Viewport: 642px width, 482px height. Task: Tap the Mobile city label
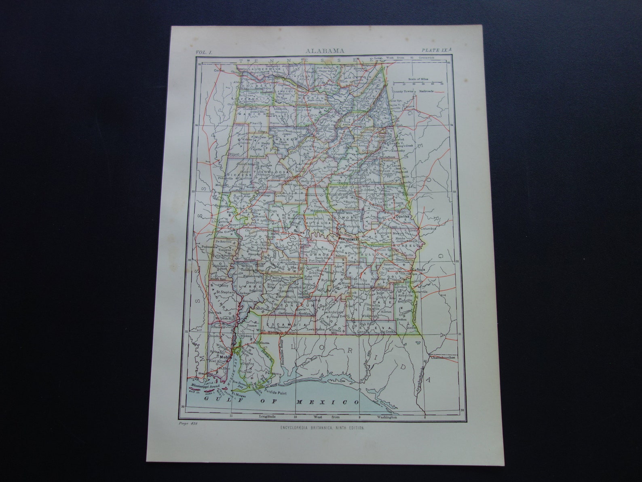point(224,357)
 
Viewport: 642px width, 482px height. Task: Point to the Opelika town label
point(402,216)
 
